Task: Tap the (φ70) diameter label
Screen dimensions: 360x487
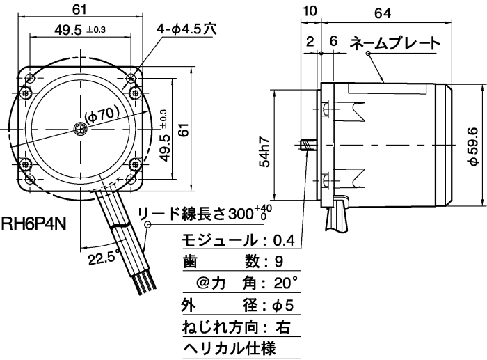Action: click(x=102, y=111)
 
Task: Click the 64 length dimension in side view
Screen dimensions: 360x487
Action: click(x=400, y=12)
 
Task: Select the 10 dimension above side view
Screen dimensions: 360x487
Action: click(x=310, y=12)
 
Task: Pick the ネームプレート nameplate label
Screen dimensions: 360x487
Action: click(x=394, y=43)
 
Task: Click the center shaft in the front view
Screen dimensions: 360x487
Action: click(x=81, y=128)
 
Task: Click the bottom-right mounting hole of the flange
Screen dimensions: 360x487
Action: click(x=136, y=166)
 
